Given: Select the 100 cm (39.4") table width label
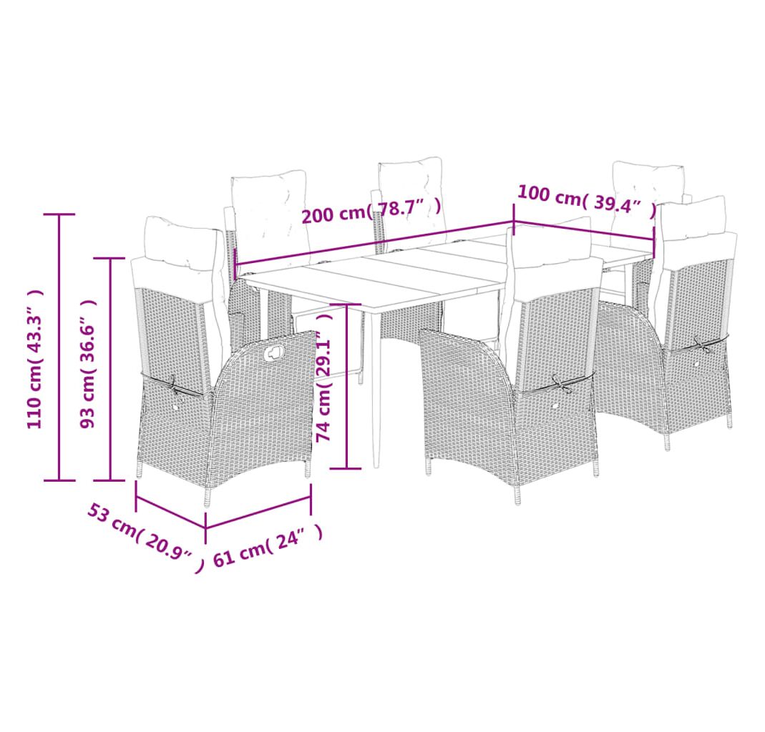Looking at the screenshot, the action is (x=586, y=200).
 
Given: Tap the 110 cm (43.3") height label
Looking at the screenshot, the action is (x=35, y=359).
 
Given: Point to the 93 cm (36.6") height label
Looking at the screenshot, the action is (x=88, y=364).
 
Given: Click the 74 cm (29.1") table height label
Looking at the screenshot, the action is (x=324, y=377).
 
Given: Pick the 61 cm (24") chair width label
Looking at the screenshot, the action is (x=268, y=545).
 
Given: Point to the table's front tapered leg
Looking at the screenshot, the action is (x=376, y=390).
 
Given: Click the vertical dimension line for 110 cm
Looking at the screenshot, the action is (x=59, y=347).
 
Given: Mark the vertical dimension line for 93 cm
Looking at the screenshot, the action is (x=111, y=369).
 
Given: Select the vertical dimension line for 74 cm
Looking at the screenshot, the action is (x=346, y=386).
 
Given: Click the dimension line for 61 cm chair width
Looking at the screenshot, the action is (x=258, y=513).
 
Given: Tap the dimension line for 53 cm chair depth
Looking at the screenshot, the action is (x=170, y=512).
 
